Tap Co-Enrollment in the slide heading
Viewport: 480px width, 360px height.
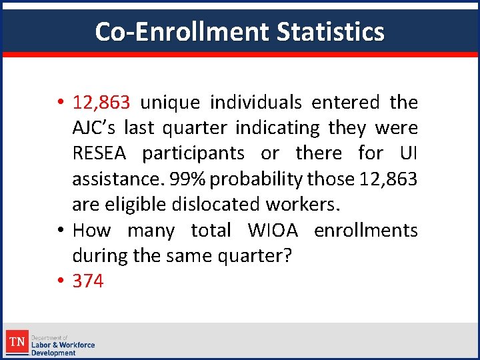[181, 31]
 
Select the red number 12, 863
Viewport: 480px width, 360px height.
[101, 103]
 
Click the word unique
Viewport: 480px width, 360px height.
[170, 103]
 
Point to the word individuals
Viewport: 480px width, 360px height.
[255, 103]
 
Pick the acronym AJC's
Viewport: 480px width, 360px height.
[95, 128]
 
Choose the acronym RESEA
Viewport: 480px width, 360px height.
[102, 153]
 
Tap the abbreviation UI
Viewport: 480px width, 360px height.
[407, 153]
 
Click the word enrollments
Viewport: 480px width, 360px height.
[365, 231]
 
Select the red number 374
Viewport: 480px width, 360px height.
[88, 281]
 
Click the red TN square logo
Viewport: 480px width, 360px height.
[17, 343]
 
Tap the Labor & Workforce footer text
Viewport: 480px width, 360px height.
[63, 345]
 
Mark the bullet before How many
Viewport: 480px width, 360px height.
[60, 231]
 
